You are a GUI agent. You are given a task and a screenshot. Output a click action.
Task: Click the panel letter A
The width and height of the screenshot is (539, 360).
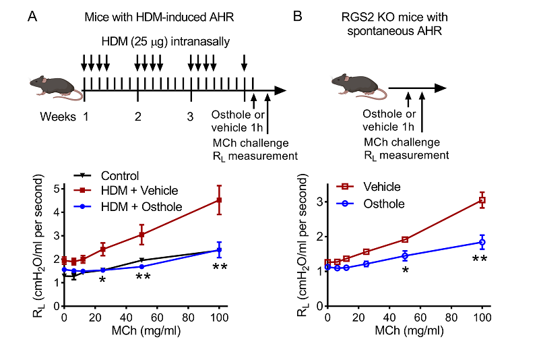[32, 17]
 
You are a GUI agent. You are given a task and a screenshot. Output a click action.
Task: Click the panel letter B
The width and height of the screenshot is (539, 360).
[298, 17]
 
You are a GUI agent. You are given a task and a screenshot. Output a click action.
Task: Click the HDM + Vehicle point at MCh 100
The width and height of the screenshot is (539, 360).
[219, 200]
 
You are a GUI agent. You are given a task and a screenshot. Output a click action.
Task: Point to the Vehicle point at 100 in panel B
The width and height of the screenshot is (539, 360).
[482, 200]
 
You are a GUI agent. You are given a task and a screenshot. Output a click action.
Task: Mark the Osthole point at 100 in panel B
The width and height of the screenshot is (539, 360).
[482, 242]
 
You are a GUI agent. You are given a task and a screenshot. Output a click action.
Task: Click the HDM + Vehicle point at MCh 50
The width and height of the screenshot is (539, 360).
[141, 235]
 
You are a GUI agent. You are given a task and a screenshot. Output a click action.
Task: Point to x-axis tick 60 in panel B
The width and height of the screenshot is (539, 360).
[420, 318]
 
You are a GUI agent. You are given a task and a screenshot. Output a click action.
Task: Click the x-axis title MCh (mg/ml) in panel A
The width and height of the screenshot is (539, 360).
[141, 331]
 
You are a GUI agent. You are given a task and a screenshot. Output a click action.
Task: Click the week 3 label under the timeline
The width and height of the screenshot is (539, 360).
[191, 115]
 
